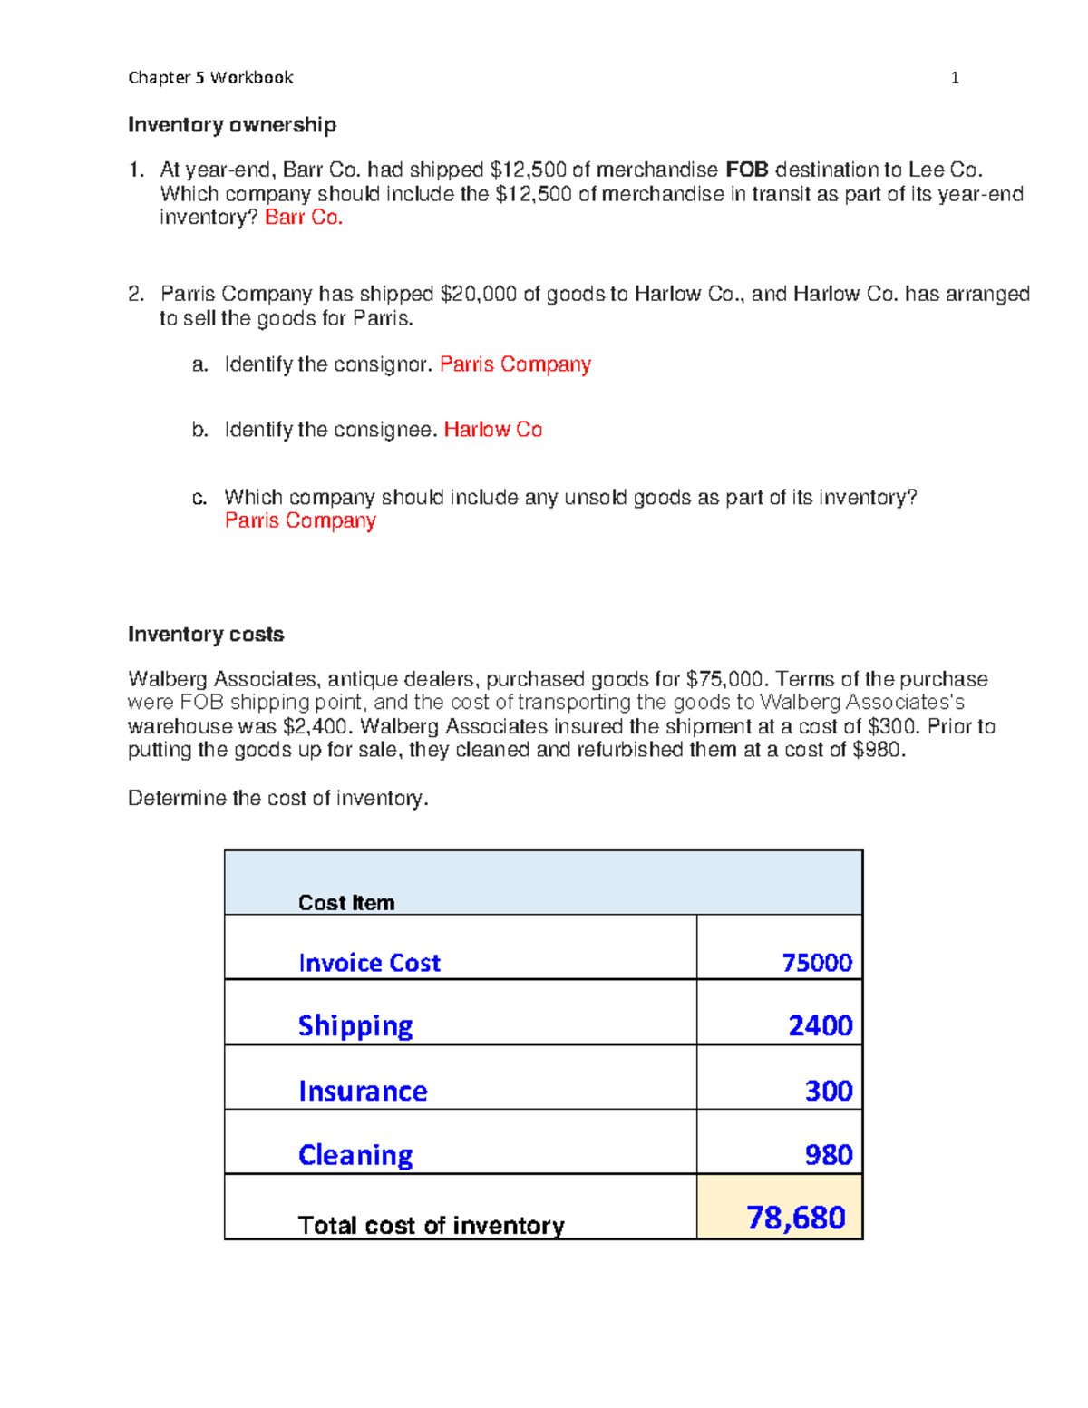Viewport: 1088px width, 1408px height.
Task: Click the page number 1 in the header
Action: pyautogui.click(x=954, y=78)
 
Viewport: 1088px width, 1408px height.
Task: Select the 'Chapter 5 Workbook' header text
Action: pyautogui.click(x=210, y=78)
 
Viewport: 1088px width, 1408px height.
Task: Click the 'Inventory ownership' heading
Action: pyautogui.click(x=232, y=125)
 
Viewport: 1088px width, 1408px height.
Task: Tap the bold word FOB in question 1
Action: pyautogui.click(x=747, y=170)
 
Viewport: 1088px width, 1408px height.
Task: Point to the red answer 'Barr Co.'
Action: pyautogui.click(x=304, y=218)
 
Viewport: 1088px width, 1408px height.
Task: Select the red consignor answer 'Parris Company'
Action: pyautogui.click(x=515, y=364)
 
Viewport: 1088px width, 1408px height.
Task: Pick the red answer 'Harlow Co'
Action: pyautogui.click(x=493, y=430)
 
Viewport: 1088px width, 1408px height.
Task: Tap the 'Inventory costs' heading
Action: pyautogui.click(x=206, y=635)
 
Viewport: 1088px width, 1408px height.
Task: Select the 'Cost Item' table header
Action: pyautogui.click(x=346, y=903)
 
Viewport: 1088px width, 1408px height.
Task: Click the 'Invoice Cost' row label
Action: pyautogui.click(x=369, y=963)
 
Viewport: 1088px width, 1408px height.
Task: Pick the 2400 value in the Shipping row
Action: pyautogui.click(x=820, y=1025)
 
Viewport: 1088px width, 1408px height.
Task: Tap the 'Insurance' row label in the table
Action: pyautogui.click(x=363, y=1091)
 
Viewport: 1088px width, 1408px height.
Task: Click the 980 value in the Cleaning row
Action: pyautogui.click(x=829, y=1155)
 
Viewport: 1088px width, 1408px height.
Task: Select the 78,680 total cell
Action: pyautogui.click(x=795, y=1218)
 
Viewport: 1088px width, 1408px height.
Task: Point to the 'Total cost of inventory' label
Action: pyautogui.click(x=431, y=1226)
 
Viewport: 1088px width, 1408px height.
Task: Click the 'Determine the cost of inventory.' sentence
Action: pyautogui.click(x=277, y=798)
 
